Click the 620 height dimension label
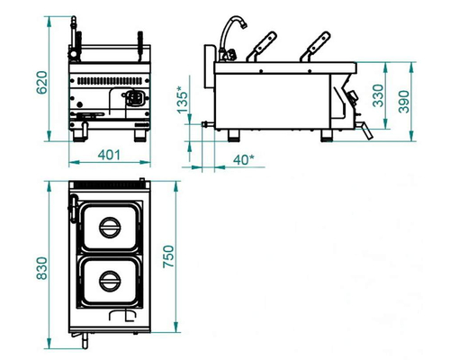pyautogui.click(x=41, y=83)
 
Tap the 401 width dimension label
pyautogui.click(x=109, y=155)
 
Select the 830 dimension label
pyautogui.click(x=41, y=268)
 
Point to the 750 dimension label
pyautogui.click(x=168, y=256)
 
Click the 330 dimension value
pyautogui.click(x=378, y=95)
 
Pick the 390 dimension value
pyautogui.click(x=404, y=102)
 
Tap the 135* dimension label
pyautogui.click(x=183, y=100)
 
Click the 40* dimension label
pyautogui.click(x=244, y=159)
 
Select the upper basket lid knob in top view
pyautogui.click(x=110, y=228)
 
